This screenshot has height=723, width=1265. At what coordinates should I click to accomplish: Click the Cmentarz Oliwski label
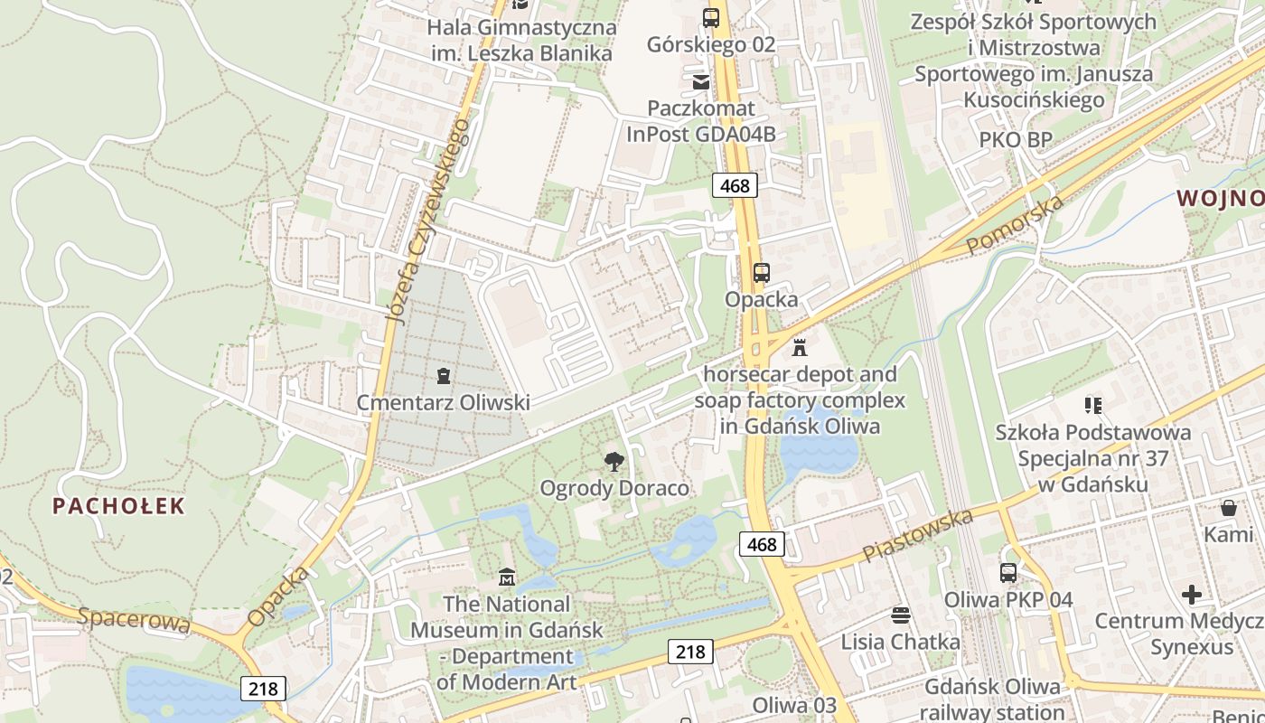point(443,403)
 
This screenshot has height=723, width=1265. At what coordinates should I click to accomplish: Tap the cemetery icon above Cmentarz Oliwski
point(443,375)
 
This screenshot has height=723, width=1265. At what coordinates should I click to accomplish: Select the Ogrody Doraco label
point(614,489)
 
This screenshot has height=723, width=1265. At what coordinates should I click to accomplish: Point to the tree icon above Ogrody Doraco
point(614,462)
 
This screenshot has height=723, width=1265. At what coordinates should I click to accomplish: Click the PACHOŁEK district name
point(118,506)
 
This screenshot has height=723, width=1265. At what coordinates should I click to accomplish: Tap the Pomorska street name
point(1015,225)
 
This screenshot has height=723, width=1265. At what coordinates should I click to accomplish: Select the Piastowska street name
point(917,535)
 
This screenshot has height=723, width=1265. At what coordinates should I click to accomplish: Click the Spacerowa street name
point(134,620)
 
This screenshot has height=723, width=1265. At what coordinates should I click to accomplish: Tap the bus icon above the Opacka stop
point(762,272)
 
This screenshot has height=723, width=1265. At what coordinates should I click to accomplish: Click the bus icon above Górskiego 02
point(711,17)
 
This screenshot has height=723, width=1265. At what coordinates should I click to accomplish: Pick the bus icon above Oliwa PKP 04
point(1008,572)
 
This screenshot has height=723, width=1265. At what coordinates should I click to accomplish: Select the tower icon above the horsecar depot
point(799,347)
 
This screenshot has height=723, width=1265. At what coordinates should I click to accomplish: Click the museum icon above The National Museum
point(507,577)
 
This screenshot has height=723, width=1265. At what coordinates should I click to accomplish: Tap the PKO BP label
point(1017,140)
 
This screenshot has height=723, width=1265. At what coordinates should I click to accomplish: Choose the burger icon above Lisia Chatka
point(900,615)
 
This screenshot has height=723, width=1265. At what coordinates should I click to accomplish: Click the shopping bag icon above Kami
point(1229,508)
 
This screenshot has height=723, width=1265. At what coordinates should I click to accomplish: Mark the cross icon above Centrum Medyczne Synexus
point(1192,595)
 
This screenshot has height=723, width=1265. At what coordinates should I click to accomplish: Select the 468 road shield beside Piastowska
point(762,544)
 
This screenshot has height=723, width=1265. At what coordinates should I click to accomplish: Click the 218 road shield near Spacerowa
point(264,689)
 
